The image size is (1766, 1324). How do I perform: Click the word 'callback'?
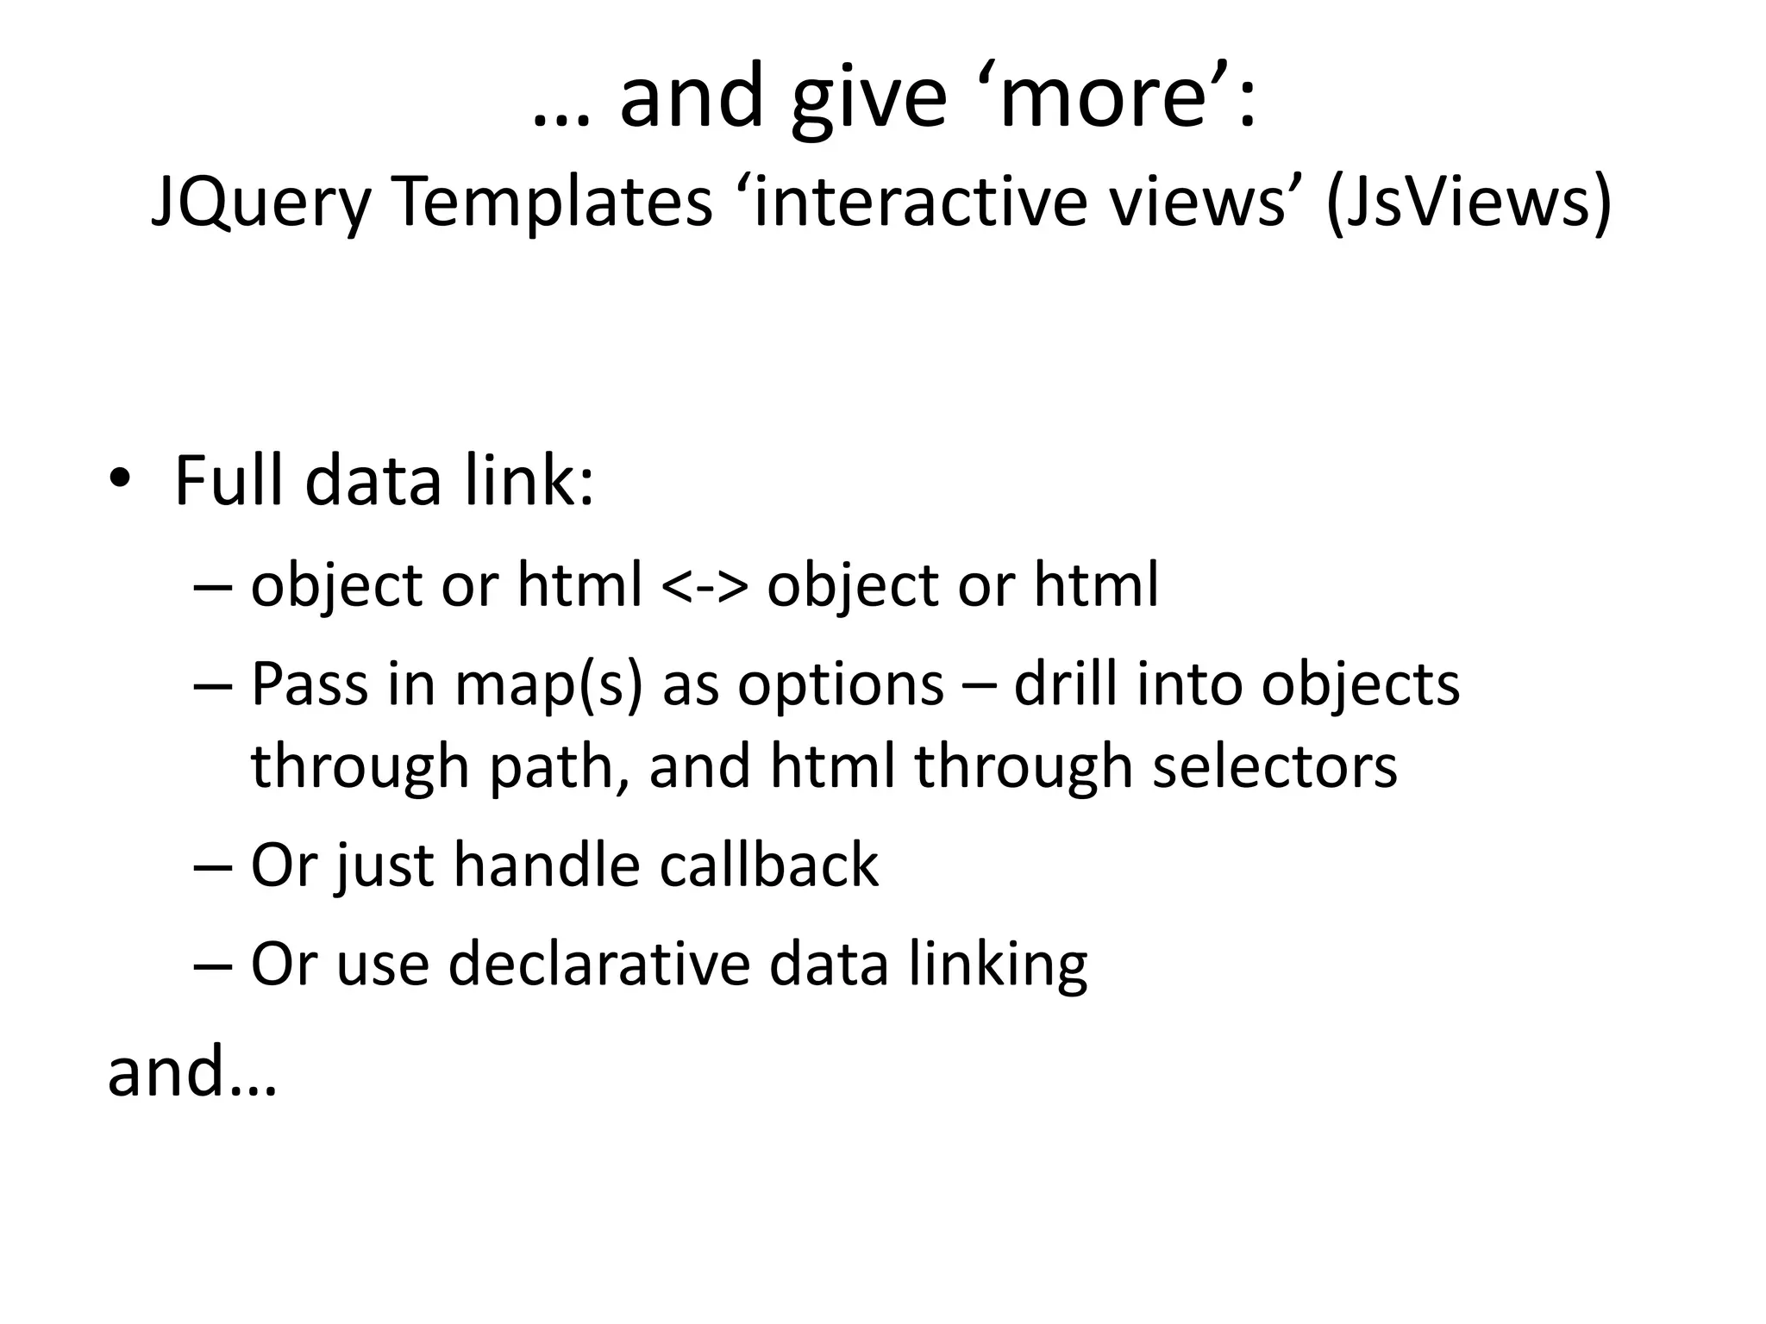[x=768, y=865]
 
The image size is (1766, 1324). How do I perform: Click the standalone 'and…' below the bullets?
[x=191, y=1071]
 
